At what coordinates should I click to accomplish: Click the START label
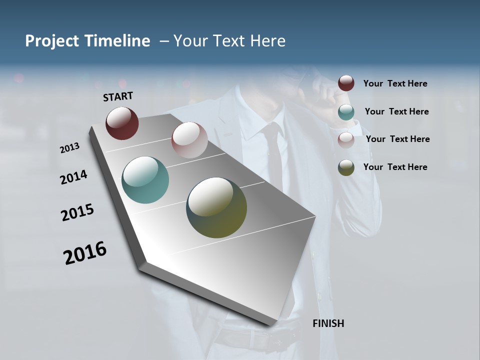pos(118,96)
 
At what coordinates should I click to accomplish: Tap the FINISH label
pos(328,323)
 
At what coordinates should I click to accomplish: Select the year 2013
pos(70,148)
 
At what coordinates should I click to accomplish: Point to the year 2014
pos(74,177)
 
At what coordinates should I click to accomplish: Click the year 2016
pos(85,252)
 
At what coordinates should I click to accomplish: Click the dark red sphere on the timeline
pos(122,123)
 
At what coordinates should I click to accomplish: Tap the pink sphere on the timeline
pos(189,140)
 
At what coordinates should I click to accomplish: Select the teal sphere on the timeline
pos(145,180)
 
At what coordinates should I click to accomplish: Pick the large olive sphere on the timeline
pos(216,207)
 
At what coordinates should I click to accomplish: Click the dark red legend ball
pos(346,83)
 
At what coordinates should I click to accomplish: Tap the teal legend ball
pos(346,111)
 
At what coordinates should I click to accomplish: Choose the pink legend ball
pos(346,139)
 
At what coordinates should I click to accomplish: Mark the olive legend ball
pos(346,167)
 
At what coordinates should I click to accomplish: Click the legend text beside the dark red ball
pos(395,83)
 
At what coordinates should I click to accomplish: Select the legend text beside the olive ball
pos(395,167)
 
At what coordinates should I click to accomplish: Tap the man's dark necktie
pos(273,155)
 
